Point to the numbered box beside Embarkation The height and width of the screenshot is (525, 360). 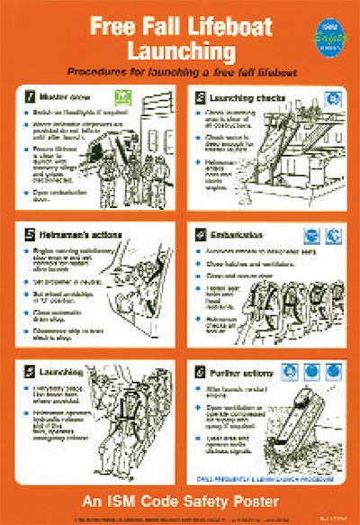(200, 231)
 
